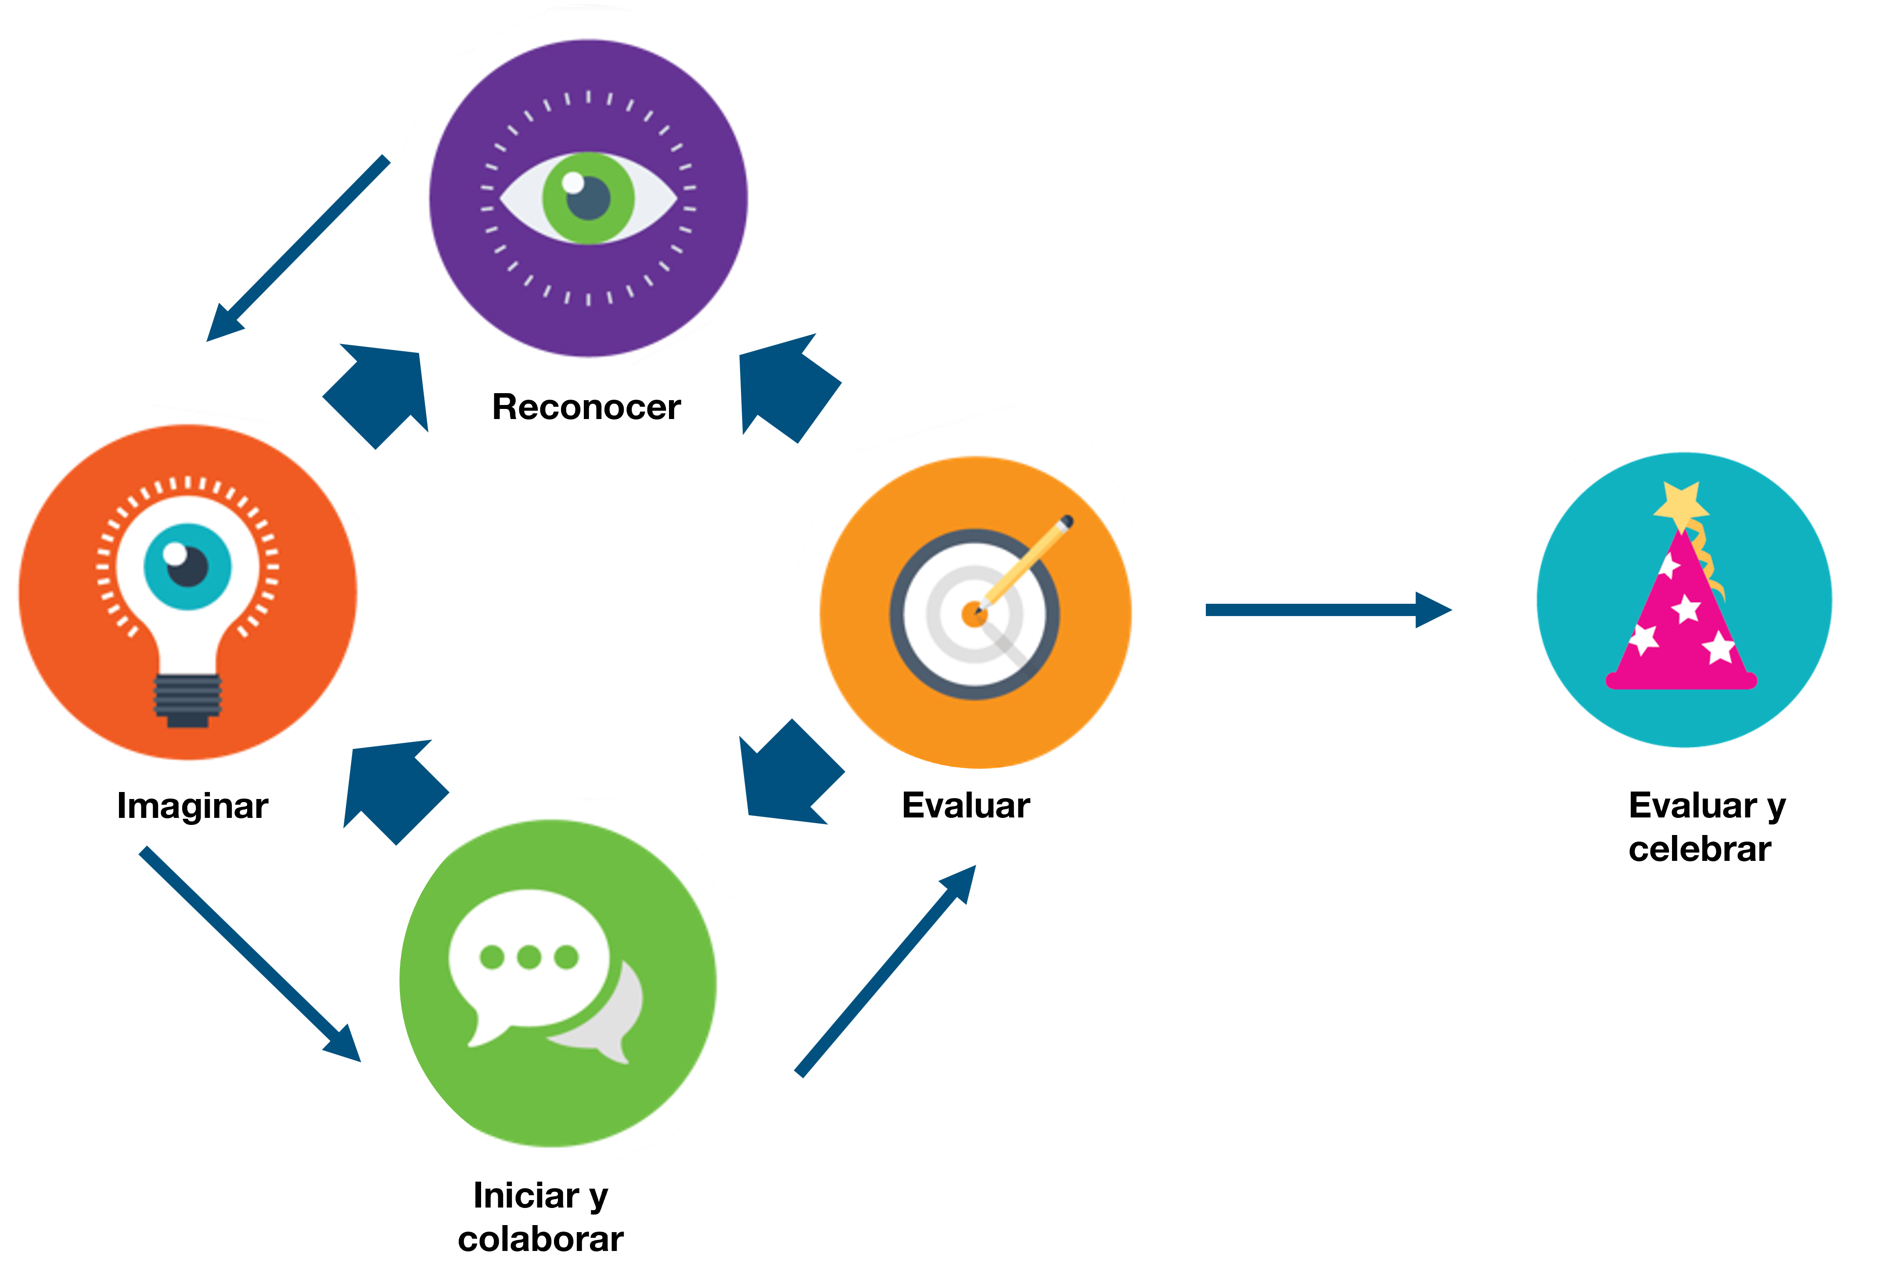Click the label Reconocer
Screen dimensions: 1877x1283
point(586,407)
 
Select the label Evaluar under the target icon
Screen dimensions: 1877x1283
point(966,806)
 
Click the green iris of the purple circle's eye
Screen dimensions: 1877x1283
point(588,198)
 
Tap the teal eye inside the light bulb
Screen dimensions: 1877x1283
point(187,566)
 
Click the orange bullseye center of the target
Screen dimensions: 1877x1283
point(975,614)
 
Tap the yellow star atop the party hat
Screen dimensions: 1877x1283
point(1681,505)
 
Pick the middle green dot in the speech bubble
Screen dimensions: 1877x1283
point(529,957)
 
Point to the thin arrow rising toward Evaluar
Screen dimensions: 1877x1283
point(886,971)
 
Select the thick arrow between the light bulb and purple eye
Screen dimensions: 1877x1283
point(376,396)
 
